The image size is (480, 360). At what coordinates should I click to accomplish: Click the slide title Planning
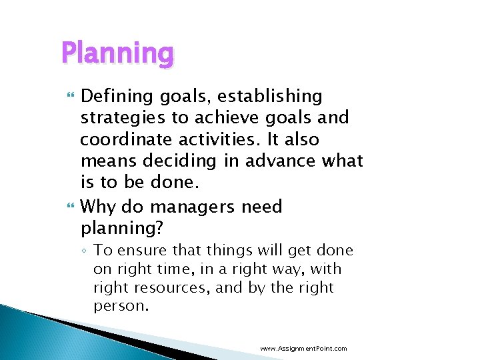(x=117, y=53)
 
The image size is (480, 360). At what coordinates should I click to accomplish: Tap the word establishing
(x=270, y=97)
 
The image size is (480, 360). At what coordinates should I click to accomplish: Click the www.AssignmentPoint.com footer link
(x=303, y=349)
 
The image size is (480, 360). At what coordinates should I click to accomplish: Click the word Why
(x=97, y=207)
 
